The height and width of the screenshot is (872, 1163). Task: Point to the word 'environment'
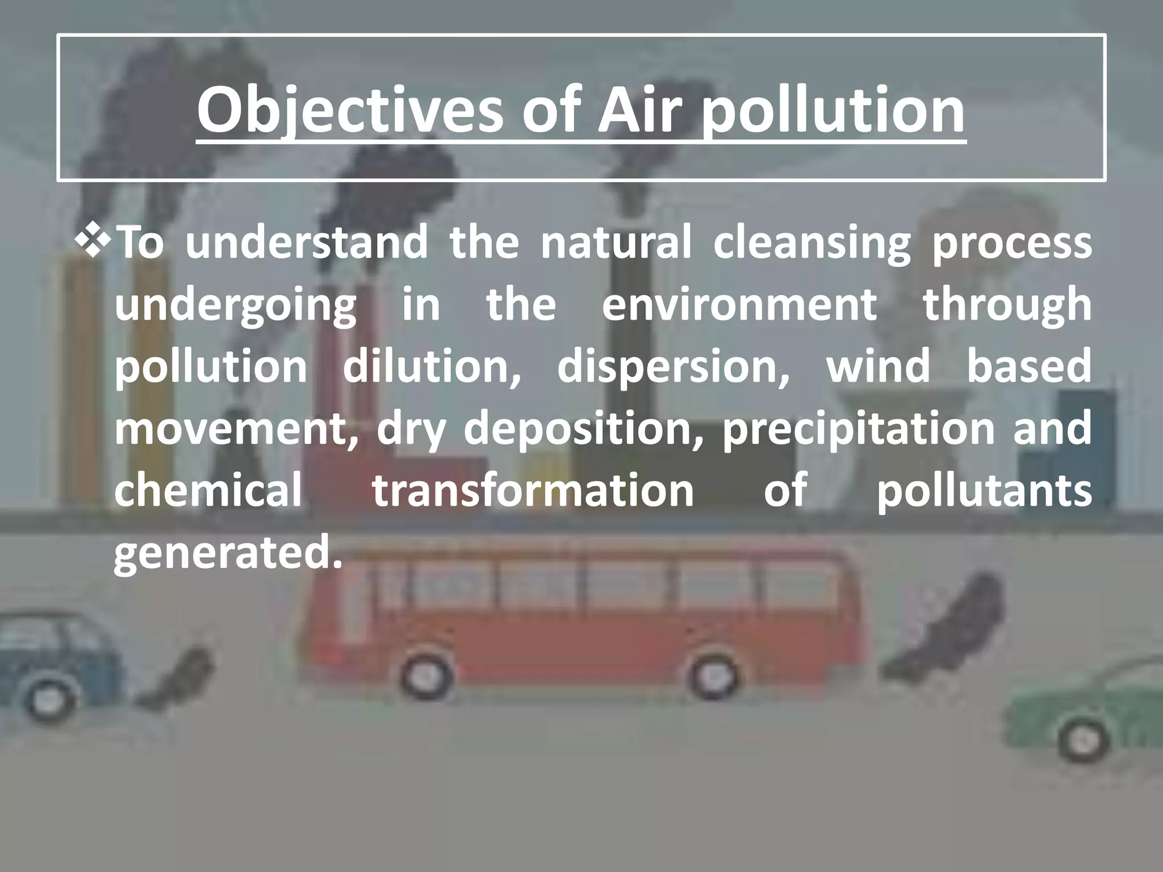pos(739,304)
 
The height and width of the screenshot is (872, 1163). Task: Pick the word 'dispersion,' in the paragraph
pos(673,366)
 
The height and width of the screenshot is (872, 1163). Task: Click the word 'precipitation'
pos(858,429)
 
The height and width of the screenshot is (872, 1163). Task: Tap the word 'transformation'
pos(533,491)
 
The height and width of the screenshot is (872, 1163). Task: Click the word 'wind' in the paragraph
pos(878,366)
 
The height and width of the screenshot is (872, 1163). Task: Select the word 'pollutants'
pos(984,491)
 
